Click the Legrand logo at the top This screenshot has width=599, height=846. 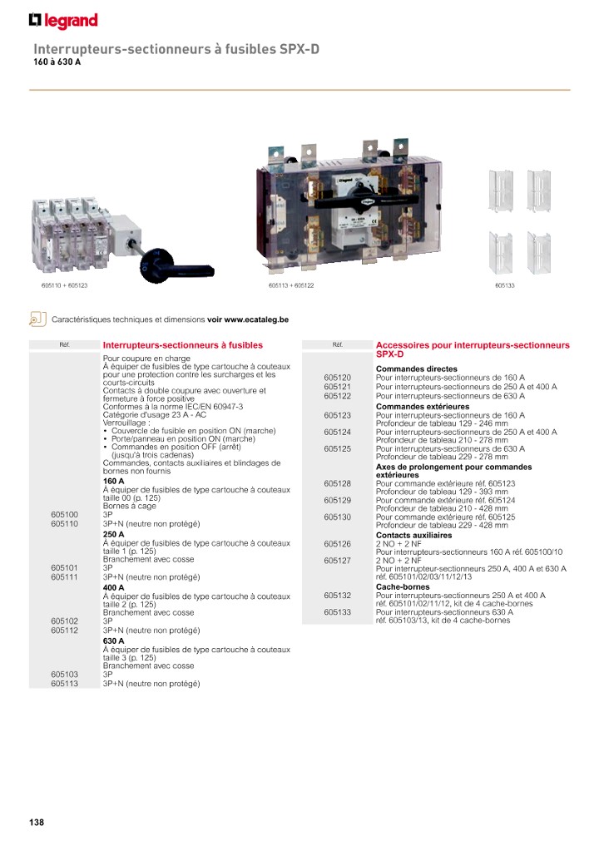coord(63,21)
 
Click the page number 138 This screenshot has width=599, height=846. coord(36,823)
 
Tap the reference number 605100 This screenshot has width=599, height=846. coord(64,515)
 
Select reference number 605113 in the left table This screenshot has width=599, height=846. coord(64,683)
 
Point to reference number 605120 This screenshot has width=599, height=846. coord(337,378)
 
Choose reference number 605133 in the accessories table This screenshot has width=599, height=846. coord(337,612)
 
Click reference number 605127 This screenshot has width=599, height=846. coord(337,561)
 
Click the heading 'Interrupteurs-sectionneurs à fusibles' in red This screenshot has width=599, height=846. coord(182,345)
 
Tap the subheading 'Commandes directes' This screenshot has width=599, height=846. coord(417,369)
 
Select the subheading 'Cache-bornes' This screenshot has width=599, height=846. coord(403,586)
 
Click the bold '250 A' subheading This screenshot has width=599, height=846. coord(114,534)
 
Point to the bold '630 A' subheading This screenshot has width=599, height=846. coord(114,641)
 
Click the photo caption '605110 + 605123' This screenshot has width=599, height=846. coord(64,285)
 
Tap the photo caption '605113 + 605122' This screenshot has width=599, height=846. coord(291,285)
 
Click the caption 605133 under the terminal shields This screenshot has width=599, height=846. coord(504,285)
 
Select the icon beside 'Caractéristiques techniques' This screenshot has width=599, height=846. coord(36,319)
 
